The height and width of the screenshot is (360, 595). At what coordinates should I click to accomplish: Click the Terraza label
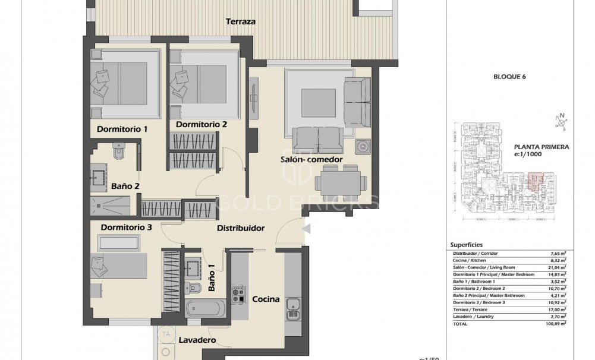(241, 21)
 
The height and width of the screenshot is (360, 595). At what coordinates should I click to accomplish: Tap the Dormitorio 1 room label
(122, 129)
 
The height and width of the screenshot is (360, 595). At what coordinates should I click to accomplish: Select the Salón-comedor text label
(307, 159)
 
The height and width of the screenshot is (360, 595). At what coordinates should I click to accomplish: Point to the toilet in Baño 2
(119, 153)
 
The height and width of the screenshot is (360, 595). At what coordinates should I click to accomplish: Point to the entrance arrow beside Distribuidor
(307, 229)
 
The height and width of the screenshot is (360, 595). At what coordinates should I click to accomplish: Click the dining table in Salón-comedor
(336, 179)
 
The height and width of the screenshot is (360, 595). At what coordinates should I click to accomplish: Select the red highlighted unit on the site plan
(534, 179)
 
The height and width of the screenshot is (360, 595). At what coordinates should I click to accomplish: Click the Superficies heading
(467, 244)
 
